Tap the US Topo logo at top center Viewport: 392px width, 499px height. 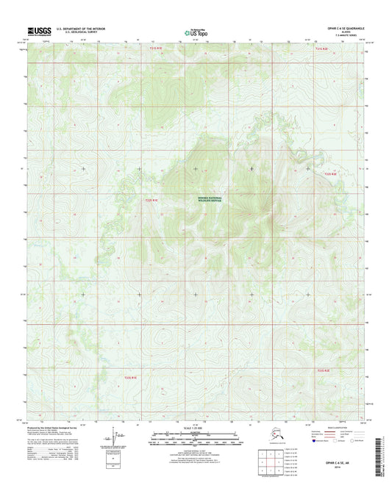click(195, 32)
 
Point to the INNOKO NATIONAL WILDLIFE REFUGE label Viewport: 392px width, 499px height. click(209, 199)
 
